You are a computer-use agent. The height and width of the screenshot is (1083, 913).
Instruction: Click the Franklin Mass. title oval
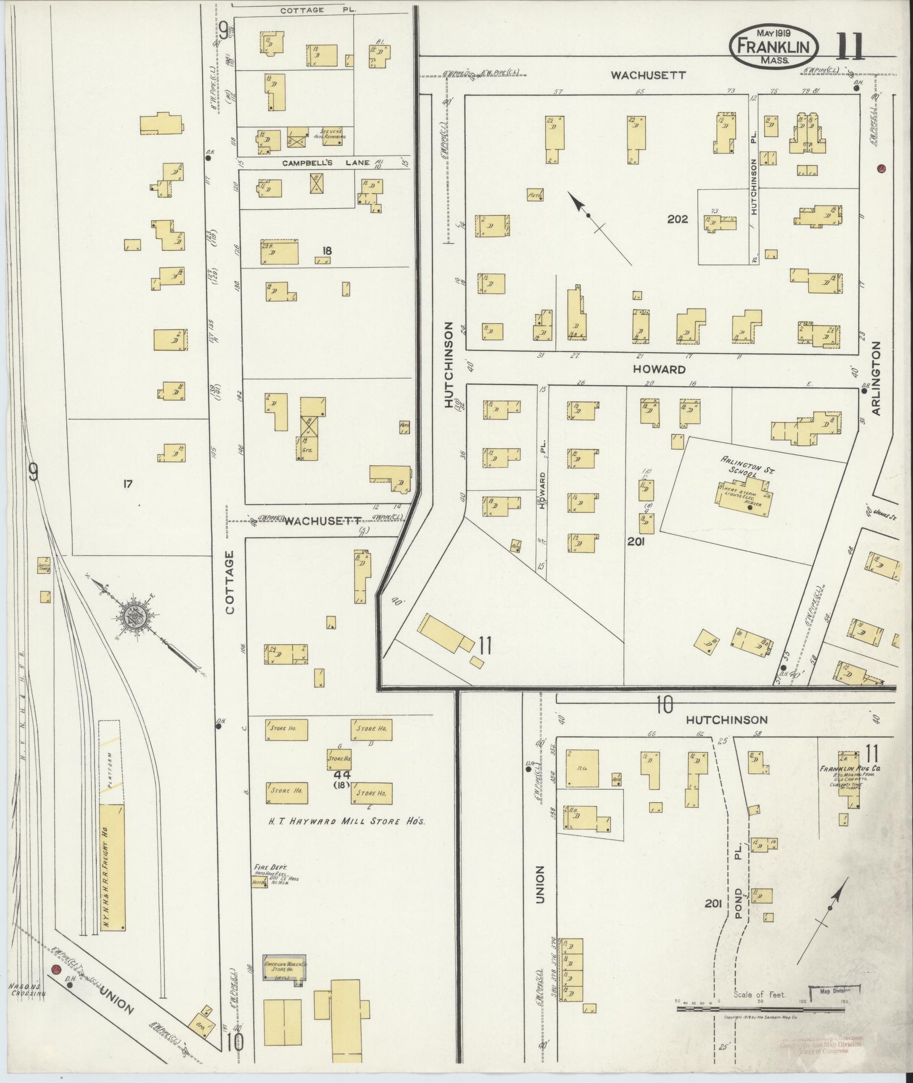pos(773,47)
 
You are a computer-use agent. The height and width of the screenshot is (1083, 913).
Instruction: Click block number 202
pos(677,219)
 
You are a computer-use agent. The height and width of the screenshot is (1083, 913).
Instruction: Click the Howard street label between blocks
pos(659,369)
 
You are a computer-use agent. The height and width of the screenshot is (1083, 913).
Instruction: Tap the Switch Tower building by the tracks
pos(44,566)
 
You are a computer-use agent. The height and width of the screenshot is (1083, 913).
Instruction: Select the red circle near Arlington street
pos(881,168)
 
